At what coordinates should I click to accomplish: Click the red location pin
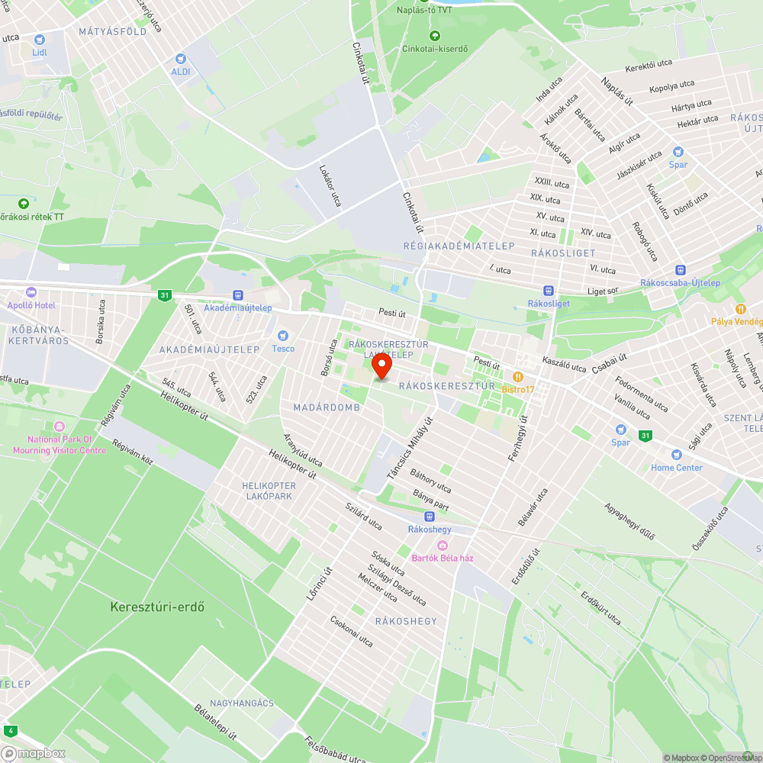click(x=381, y=366)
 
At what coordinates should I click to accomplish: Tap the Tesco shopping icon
click(x=283, y=336)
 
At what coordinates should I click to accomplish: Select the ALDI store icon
click(x=180, y=58)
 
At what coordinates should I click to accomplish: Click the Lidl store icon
click(x=40, y=39)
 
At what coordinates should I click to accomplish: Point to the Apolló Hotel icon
click(x=31, y=292)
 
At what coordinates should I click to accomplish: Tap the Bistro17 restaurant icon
click(x=518, y=376)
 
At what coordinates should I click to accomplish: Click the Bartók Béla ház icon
click(x=443, y=545)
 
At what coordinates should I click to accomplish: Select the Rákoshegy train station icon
click(x=430, y=517)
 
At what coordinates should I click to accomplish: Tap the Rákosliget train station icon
click(x=549, y=290)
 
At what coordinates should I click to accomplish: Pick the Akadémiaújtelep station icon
click(x=238, y=295)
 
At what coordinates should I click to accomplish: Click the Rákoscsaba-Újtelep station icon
click(x=680, y=269)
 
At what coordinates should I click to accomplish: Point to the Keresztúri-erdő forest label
click(x=157, y=607)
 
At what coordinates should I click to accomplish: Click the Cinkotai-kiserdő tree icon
click(x=435, y=35)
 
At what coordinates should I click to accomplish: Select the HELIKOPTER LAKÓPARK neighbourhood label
click(x=269, y=491)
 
